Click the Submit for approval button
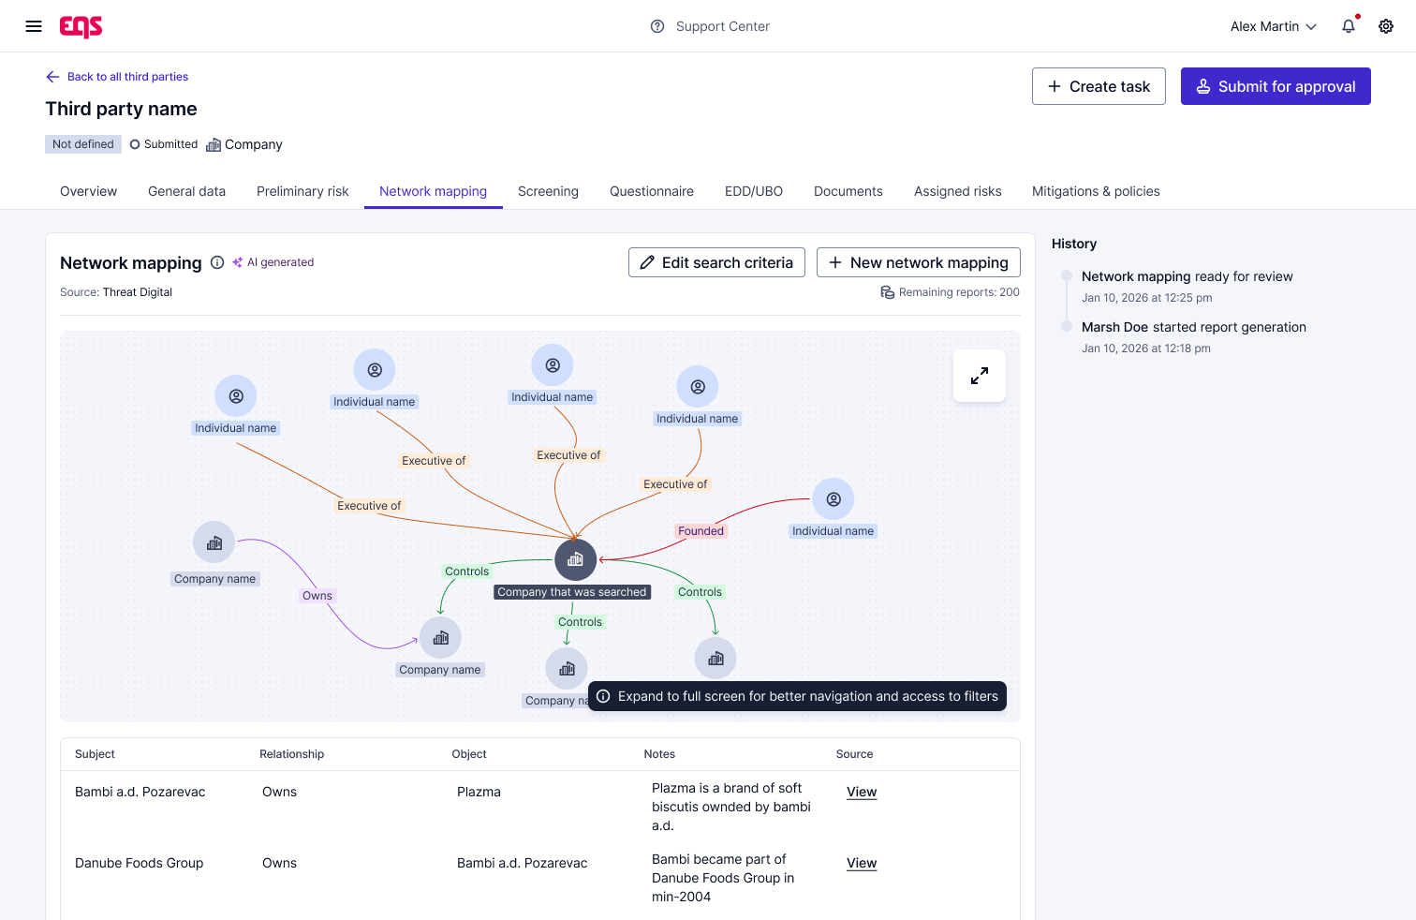pyautogui.click(x=1275, y=86)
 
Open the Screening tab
pyautogui.click(x=548, y=191)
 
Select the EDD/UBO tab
pyautogui.click(x=754, y=191)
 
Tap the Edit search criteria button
pyautogui.click(x=716, y=262)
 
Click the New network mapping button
pyautogui.click(x=918, y=262)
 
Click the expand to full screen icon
pyautogui.click(x=980, y=376)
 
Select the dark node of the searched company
pyautogui.click(x=575, y=559)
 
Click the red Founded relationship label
pyautogui.click(x=701, y=531)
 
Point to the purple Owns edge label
pyautogui.click(x=317, y=596)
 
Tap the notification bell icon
pyautogui.click(x=1349, y=26)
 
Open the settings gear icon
pyautogui.click(x=1386, y=26)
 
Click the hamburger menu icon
pyautogui.click(x=34, y=26)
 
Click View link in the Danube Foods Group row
pyautogui.click(x=861, y=863)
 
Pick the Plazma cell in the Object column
pyautogui.click(x=479, y=792)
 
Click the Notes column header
pyautogui.click(x=659, y=753)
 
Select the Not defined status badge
pyautogui.click(x=82, y=144)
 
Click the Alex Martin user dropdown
pyautogui.click(x=1273, y=26)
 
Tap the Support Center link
pyautogui.click(x=710, y=26)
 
